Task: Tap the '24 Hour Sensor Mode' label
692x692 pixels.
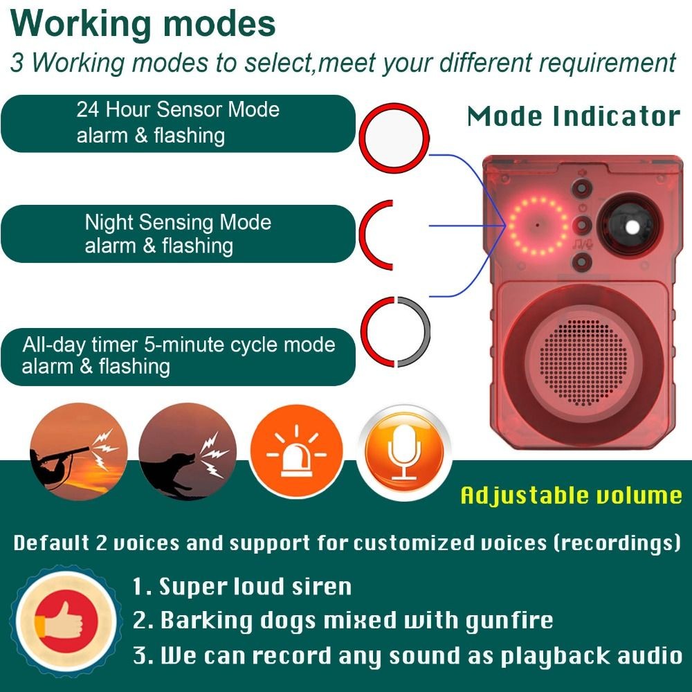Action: (x=178, y=109)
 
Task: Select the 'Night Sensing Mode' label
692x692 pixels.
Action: (x=178, y=222)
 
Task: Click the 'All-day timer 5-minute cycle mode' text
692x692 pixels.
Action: (x=179, y=344)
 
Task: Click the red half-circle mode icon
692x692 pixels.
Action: (x=376, y=235)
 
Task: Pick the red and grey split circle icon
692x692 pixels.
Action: (x=395, y=332)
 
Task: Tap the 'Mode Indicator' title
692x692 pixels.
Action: (x=573, y=116)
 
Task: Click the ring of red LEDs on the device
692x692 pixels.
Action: (x=538, y=226)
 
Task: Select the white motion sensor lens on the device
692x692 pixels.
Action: (x=632, y=227)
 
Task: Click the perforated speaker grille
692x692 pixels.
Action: (x=583, y=363)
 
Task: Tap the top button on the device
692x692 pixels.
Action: (x=582, y=189)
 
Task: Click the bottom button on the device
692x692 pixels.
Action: (x=582, y=262)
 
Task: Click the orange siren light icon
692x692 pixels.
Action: (x=296, y=451)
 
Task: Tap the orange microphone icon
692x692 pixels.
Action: (x=404, y=453)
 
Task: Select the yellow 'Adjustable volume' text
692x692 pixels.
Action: (x=571, y=495)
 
